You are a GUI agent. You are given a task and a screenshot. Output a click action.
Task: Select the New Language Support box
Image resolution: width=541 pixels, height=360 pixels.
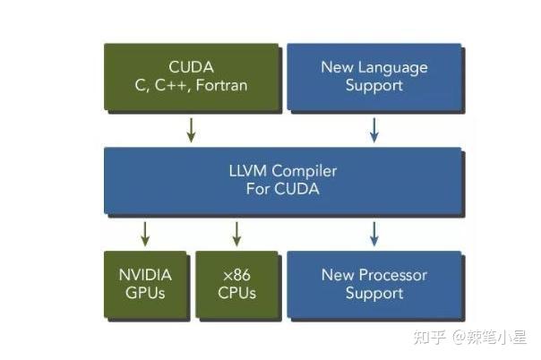coord(374,76)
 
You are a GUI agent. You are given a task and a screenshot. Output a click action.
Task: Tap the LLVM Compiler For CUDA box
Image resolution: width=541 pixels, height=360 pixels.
coord(283,180)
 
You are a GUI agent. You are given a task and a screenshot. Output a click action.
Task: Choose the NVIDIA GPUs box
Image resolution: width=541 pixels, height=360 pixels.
coord(145,284)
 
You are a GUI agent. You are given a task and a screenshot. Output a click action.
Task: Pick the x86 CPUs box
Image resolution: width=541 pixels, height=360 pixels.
coord(237,284)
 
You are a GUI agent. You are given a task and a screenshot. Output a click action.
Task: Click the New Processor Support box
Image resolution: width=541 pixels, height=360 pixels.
coord(374,284)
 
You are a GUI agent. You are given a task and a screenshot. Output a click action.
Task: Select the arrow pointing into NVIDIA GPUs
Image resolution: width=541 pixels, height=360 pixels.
coord(145,234)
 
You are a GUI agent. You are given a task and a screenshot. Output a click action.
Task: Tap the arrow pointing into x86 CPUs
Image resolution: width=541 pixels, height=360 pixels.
coord(236,234)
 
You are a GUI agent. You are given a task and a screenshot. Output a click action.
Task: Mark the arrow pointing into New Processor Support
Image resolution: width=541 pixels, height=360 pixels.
coord(374,234)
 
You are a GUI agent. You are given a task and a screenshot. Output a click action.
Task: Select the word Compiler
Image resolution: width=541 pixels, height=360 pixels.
coord(302,171)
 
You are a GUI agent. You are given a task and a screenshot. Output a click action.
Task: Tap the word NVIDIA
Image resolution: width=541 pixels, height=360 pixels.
coord(145,275)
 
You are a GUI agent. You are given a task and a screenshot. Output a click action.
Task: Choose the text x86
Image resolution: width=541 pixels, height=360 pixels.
coord(237,275)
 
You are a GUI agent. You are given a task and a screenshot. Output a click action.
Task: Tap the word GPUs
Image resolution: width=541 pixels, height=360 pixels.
coord(145,294)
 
